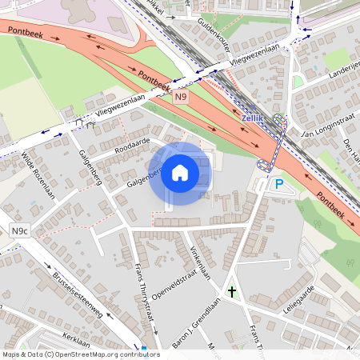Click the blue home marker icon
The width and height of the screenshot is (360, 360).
[180, 173]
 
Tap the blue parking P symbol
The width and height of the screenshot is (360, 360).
[279, 185]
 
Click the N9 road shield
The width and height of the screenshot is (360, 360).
[182, 97]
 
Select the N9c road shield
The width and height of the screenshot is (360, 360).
[20, 231]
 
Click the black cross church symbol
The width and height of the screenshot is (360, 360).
[232, 292]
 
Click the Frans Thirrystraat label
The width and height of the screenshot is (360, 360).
[143, 292]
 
